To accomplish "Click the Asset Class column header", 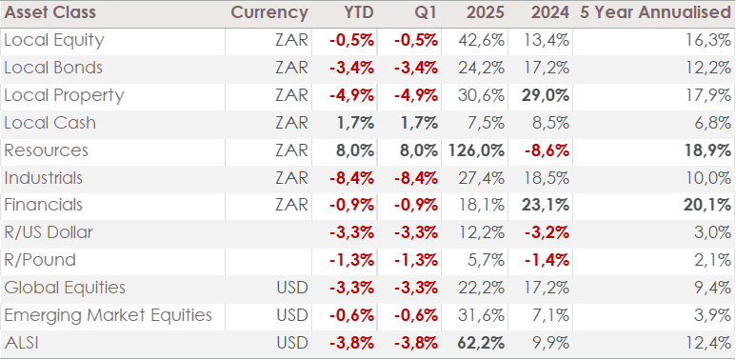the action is coord(50,12).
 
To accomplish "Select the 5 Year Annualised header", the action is coord(655,12).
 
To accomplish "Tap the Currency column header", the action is coord(269,12).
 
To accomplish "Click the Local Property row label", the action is coord(64,96).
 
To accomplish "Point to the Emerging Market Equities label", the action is coord(108,315).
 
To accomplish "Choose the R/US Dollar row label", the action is coord(49,232).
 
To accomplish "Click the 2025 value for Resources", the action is coord(476,150).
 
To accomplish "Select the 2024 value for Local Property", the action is coord(545,96).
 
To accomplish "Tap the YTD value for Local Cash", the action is coord(355,124).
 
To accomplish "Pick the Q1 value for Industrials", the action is coord(416,178).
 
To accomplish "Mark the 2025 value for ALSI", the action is coord(481,343).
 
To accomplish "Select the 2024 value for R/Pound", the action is coord(545,261).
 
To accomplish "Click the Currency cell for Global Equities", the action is coord(292,288).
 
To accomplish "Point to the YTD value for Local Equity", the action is coord(351,41).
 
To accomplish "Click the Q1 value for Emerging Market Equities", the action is coord(416,315).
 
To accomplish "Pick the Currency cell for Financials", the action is coord(292,206).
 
